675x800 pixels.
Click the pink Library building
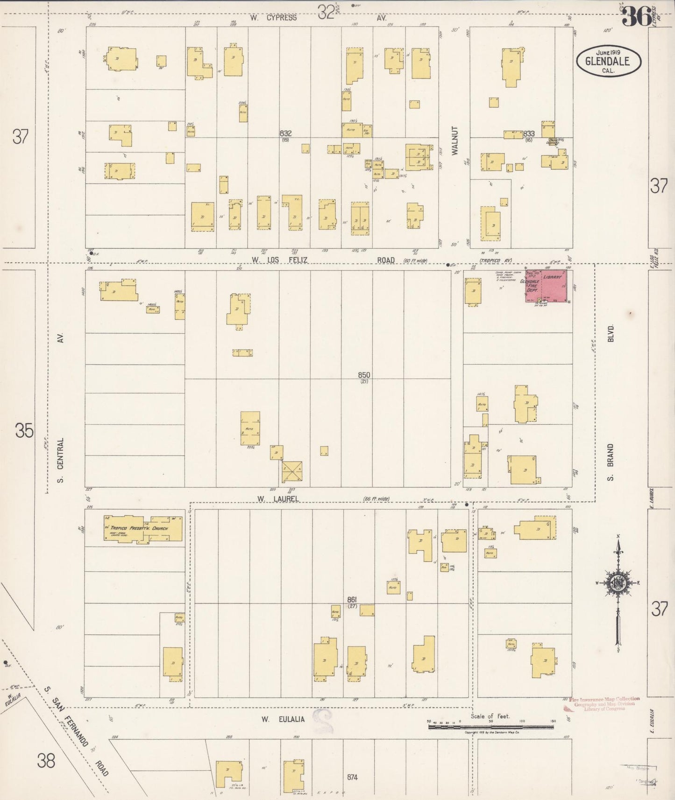556,285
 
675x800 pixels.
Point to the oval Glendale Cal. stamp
608,61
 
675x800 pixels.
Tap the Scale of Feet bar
490,727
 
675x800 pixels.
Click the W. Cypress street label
274,18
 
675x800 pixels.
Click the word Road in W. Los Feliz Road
385,260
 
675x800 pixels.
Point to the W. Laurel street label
278,499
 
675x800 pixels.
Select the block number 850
364,375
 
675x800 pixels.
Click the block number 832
286,133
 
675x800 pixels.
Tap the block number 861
353,599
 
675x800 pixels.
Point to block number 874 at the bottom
353,777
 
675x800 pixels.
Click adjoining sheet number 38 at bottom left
46,761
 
